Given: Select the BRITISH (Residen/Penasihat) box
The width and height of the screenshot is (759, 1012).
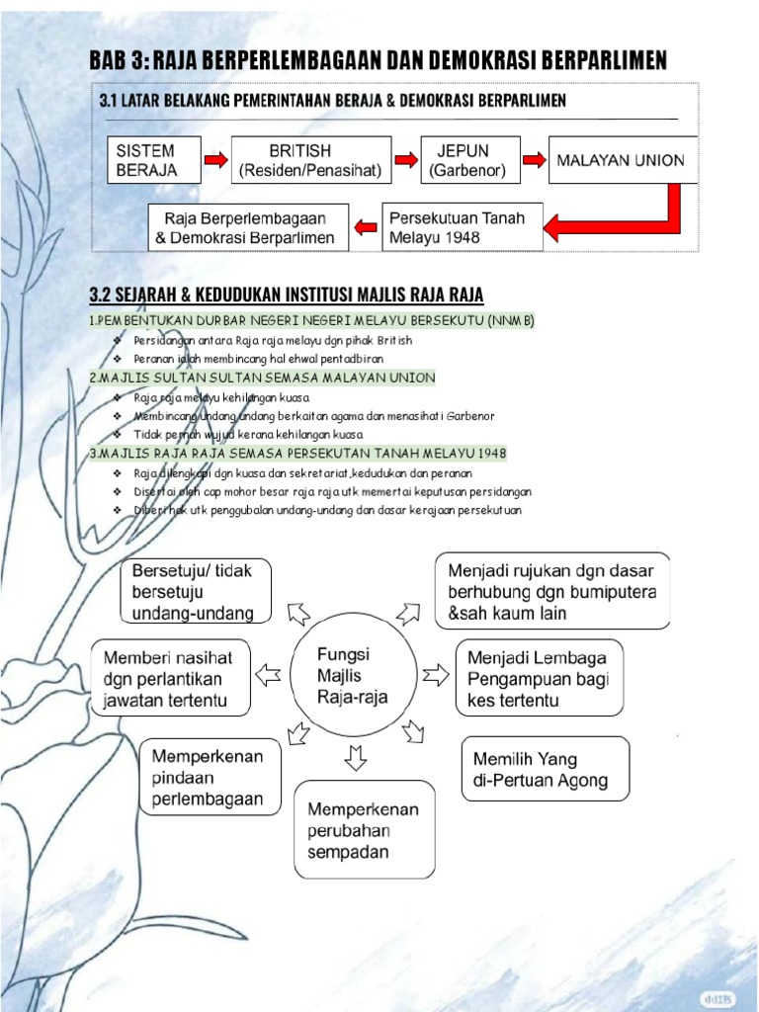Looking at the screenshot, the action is tap(310, 160).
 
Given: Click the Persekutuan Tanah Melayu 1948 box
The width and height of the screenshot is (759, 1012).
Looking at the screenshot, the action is tap(462, 227).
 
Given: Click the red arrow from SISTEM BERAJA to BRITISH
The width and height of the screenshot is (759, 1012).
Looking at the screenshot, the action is tap(215, 160).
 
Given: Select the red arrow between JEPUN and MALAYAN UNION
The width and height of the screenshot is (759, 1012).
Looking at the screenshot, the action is tap(534, 160).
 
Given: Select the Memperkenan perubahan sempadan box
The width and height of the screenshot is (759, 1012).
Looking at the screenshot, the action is tap(365, 830).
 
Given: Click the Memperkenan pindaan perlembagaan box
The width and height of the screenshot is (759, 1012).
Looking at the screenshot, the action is tap(211, 778).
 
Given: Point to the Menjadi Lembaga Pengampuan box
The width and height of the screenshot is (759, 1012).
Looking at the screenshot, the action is tap(539, 678).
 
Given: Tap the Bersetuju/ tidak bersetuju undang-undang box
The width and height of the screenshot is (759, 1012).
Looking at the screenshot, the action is tap(195, 592).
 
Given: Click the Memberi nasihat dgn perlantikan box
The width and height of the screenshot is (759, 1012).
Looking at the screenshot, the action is tap(170, 678).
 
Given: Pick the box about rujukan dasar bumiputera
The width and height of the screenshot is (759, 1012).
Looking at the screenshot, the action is tap(552, 591).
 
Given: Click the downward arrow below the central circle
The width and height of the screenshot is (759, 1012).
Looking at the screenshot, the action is tap(356, 758).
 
